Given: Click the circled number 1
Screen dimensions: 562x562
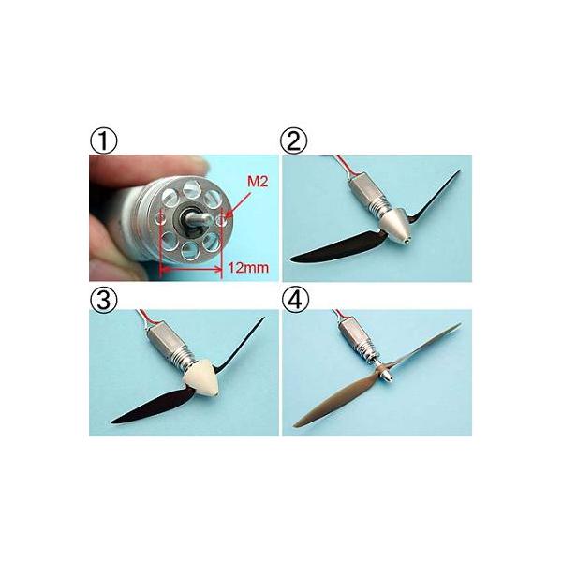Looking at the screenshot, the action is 103,141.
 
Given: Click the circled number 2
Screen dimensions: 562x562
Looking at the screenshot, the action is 294,141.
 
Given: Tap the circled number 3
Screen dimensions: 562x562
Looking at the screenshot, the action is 103,300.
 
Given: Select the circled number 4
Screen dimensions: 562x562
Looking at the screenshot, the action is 295,300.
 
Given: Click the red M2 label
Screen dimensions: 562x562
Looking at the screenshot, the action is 258,182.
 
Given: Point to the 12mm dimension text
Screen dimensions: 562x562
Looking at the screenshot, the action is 248,268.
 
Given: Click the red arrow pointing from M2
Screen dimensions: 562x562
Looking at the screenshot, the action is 237,204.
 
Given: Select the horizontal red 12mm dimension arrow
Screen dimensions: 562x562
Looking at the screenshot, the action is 192,269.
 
